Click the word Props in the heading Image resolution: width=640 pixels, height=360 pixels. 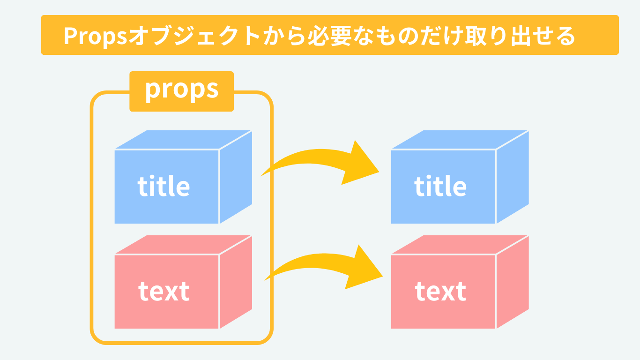[95, 36]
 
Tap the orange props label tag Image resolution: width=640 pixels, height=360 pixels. [181, 91]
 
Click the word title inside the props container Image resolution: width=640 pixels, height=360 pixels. [164, 186]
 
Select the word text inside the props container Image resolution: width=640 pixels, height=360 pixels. [164, 292]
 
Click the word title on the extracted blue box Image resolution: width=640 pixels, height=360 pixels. [440, 186]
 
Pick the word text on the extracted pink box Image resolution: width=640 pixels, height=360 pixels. [440, 292]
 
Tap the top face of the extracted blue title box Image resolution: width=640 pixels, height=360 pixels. [460, 140]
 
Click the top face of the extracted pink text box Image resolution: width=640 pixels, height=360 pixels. [460, 245]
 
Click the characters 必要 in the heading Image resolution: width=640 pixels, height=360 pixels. [329, 36]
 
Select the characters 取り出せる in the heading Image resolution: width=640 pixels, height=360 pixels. [520, 36]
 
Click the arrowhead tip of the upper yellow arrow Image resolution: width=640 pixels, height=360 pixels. [379, 172]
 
